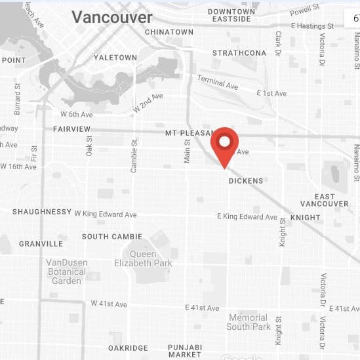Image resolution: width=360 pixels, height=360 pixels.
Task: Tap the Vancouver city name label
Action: pyautogui.click(x=112, y=18)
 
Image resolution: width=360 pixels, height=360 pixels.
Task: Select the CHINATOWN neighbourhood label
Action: pyautogui.click(x=169, y=32)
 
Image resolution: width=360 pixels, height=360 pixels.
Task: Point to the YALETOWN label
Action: pyautogui.click(x=115, y=58)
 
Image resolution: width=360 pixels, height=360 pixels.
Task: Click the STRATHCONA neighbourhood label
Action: pyautogui.click(x=239, y=53)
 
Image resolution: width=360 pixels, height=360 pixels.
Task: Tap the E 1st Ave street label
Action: pyautogui.click(x=271, y=94)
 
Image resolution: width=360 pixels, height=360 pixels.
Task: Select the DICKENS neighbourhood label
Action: pyautogui.click(x=246, y=181)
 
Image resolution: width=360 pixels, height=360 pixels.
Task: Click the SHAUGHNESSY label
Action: pyautogui.click(x=42, y=212)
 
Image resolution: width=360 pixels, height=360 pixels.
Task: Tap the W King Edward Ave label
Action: pyautogui.click(x=106, y=214)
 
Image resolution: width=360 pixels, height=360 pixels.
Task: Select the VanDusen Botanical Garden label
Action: pyautogui.click(x=67, y=271)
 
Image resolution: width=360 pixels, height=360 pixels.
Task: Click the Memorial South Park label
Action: pyautogui.click(x=249, y=322)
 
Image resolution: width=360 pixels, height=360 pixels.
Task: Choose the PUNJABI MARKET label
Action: pyautogui.click(x=185, y=351)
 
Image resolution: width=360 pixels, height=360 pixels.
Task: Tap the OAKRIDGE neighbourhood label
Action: pyautogui.click(x=128, y=348)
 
